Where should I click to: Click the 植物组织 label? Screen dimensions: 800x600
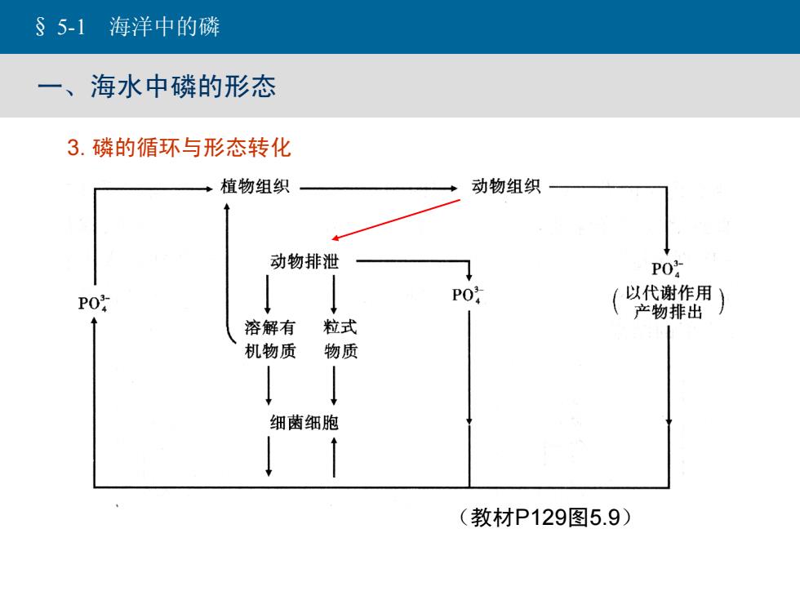point(255,186)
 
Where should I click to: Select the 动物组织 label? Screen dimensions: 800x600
point(505,186)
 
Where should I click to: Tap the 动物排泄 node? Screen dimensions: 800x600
point(304,261)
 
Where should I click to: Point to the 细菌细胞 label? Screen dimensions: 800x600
point(304,423)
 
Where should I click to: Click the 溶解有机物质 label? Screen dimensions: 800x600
point(270,339)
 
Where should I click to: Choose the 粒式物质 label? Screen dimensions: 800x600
point(341,339)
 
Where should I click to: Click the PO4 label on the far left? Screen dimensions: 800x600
point(93,303)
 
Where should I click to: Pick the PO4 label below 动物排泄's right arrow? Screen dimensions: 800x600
point(467,295)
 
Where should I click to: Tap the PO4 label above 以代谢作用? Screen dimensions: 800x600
point(667,269)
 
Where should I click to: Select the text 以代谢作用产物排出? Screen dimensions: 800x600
point(669,302)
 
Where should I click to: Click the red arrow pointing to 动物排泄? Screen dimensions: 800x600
point(396,220)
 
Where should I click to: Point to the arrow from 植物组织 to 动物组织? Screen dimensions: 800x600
point(379,189)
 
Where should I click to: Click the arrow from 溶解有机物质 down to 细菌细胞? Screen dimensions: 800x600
point(269,385)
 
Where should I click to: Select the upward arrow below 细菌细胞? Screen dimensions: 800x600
point(334,458)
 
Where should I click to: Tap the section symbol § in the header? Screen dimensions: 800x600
point(40,26)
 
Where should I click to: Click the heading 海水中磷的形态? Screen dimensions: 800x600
point(183,86)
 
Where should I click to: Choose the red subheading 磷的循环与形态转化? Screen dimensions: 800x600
point(191,148)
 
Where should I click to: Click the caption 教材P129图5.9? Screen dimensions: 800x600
point(545,518)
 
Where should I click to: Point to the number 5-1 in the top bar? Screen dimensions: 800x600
point(71,26)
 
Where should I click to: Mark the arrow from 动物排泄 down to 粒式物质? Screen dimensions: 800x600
point(334,295)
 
